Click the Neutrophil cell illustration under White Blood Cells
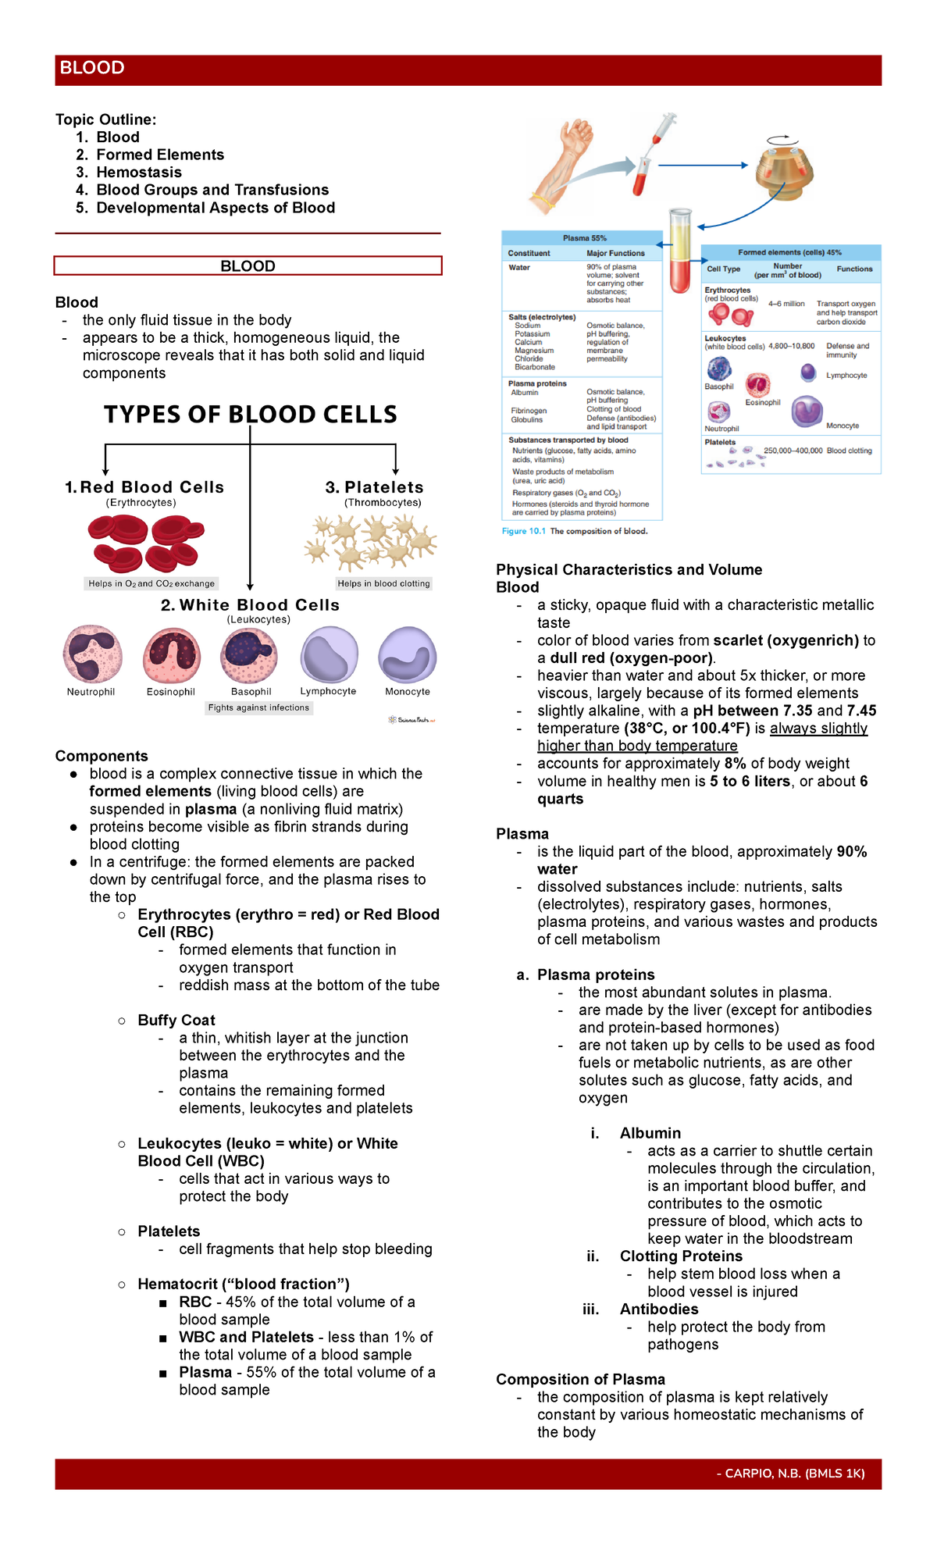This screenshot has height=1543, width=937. click(92, 654)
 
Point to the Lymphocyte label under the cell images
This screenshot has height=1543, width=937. click(328, 691)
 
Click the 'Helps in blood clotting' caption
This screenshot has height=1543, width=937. click(383, 583)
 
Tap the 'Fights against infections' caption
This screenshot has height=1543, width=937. click(258, 707)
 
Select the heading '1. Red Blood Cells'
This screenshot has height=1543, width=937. click(144, 487)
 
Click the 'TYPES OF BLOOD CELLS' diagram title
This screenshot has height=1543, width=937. click(251, 415)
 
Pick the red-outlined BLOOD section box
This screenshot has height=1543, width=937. click(248, 266)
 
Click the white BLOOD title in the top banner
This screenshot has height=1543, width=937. click(92, 68)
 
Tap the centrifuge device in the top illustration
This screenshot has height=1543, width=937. click(784, 166)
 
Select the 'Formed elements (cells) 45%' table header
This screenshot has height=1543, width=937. click(789, 252)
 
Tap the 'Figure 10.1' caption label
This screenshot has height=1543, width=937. click(523, 531)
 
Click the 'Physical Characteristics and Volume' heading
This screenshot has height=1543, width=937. click(629, 570)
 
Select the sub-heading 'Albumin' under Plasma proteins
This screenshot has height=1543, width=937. click(650, 1133)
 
